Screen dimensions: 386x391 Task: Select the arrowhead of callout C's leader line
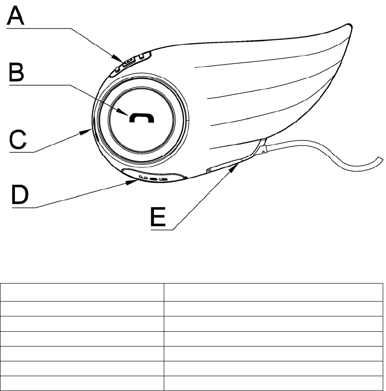[x=90, y=131]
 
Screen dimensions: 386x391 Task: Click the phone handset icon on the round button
[x=142, y=119]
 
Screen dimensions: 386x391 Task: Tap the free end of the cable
[x=382, y=160]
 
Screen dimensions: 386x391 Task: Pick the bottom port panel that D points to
[x=154, y=177]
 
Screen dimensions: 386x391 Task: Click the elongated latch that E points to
[x=225, y=164]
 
